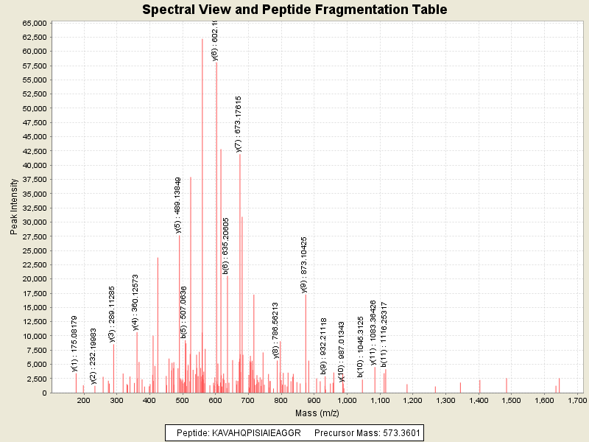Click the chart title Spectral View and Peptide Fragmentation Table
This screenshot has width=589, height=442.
tap(294, 10)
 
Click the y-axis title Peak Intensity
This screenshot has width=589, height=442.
tap(14, 208)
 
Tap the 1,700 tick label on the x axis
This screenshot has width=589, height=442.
tap(576, 401)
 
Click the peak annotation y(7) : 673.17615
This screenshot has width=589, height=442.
tap(239, 124)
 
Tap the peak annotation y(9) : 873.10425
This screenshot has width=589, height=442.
tap(305, 264)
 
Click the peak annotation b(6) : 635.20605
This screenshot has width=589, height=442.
tap(226, 246)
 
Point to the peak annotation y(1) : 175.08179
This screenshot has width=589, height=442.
tap(74, 344)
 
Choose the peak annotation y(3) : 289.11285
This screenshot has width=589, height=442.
tap(112, 315)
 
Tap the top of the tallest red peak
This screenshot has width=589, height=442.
tap(202, 40)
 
